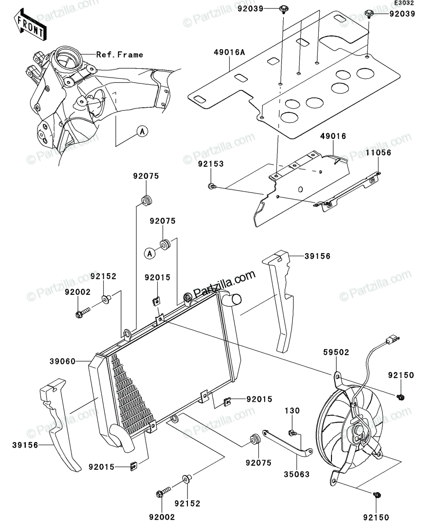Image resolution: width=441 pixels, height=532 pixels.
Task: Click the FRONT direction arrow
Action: coord(30,25)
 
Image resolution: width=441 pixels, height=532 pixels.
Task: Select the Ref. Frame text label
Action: coord(120,55)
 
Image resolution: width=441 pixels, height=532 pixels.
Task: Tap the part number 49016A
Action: coord(229,52)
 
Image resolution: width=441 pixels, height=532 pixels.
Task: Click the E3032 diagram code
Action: coord(404,3)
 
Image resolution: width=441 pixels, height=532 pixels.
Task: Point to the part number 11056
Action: coord(379,153)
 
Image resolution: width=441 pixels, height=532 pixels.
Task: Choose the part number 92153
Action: coord(211,164)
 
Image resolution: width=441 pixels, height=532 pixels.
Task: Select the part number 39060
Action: coord(62,362)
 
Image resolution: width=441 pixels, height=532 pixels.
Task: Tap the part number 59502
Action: coord(336,352)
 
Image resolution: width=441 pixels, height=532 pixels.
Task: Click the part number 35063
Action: coord(297,474)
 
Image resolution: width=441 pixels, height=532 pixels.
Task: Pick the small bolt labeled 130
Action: coord(292,432)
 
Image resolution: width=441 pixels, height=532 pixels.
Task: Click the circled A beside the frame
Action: coord(142,132)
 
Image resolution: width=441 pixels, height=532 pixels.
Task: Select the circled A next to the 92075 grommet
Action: coord(150,254)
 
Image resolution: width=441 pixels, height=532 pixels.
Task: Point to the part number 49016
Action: coord(333,136)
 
